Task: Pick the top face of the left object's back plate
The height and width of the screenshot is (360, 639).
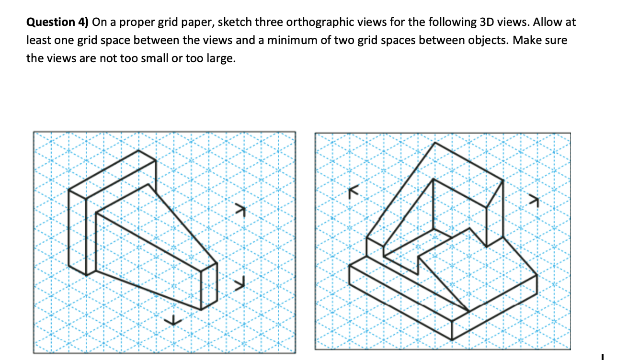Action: click(112, 170)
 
